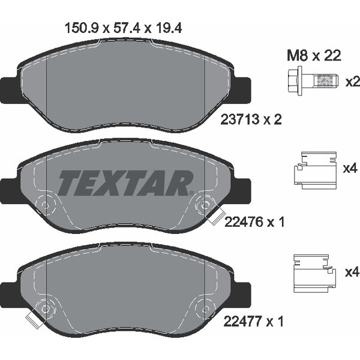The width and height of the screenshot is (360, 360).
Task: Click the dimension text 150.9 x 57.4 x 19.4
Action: pos(124,29)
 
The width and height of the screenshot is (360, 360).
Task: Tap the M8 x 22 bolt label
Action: pos(314,56)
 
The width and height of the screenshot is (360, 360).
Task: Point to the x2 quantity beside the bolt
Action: pos(353,82)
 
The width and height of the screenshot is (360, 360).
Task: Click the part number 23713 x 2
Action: pos(251,120)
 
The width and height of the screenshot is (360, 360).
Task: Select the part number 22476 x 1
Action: pos(254,222)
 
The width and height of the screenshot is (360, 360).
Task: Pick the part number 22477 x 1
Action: pos(253,321)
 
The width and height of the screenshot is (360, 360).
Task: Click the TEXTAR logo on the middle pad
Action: pos(125,183)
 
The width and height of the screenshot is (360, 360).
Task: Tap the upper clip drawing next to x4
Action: pos(316,170)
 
